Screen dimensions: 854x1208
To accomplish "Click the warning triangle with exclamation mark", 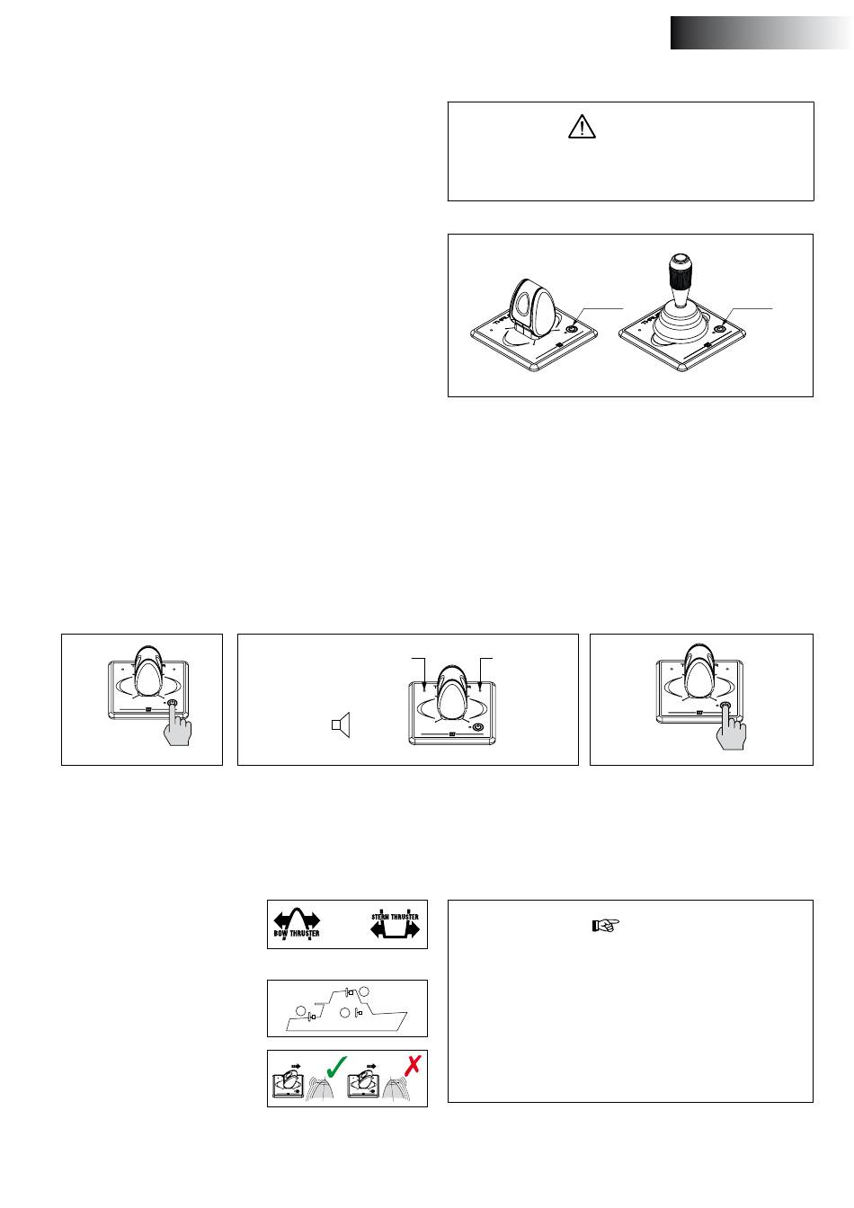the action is tap(582, 127).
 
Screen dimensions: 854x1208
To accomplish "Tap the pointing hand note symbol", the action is tap(605, 926).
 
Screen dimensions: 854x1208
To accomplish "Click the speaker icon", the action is tap(341, 724).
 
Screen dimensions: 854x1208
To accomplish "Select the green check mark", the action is tap(336, 1066).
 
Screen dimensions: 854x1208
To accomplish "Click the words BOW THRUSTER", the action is tap(296, 933).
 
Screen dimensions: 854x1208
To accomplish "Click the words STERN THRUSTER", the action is tap(395, 916).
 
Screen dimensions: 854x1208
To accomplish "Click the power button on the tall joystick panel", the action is tap(719, 329).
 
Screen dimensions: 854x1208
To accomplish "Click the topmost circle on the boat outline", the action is tap(365, 990).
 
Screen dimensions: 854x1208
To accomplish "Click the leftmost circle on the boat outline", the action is tap(301, 1010).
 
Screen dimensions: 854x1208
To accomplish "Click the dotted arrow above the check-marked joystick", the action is tap(296, 1066).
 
